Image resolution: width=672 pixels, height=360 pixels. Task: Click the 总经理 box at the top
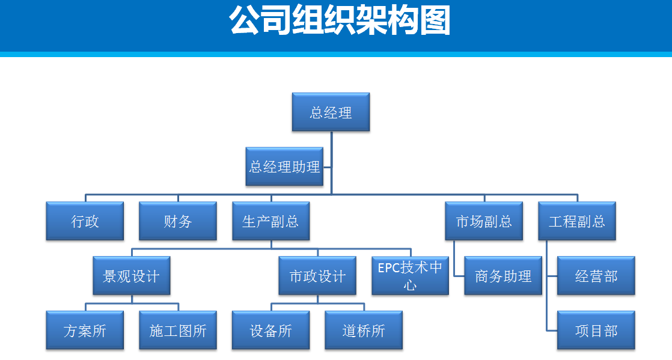tap(331, 112)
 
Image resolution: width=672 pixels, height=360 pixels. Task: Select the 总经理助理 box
tap(284, 166)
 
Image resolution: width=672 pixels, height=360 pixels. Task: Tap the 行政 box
tap(85, 221)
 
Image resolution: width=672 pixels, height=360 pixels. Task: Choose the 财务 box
tap(178, 221)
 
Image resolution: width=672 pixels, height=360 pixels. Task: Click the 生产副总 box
tap(271, 221)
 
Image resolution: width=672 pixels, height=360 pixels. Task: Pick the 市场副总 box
tap(484, 221)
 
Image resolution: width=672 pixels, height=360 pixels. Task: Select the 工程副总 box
tap(577, 221)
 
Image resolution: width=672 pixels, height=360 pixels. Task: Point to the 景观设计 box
tap(132, 276)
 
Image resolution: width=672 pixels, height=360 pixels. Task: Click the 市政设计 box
tap(317, 276)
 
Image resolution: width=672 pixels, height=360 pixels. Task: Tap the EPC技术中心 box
tap(410, 276)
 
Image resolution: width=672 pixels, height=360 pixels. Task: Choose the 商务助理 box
tap(503, 276)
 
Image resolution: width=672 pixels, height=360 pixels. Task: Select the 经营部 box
tap(596, 276)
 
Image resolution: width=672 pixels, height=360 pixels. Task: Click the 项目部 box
tap(596, 331)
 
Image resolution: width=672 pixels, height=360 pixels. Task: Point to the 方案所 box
tap(85, 331)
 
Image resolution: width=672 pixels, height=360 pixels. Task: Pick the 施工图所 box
tap(178, 331)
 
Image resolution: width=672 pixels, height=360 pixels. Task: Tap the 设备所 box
tap(271, 331)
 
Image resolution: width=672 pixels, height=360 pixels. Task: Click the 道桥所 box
tap(364, 331)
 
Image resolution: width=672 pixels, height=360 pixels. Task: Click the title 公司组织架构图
tap(340, 20)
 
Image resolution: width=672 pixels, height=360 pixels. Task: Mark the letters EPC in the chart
tap(389, 268)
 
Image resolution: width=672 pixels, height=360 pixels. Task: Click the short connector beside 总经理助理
tap(328, 167)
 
